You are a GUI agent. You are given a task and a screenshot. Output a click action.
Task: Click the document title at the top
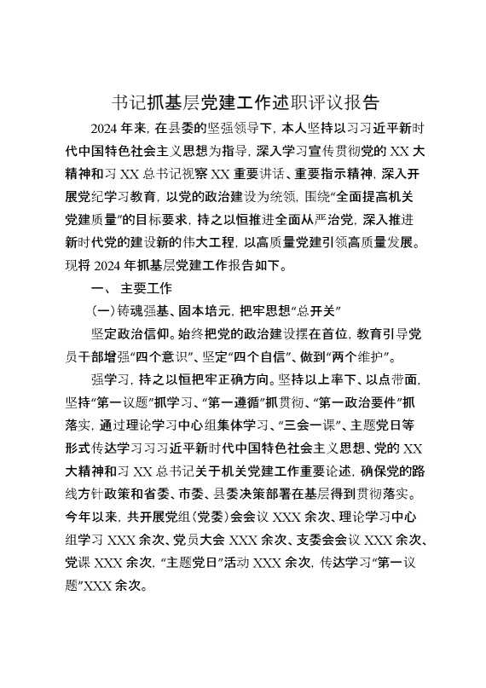[246, 104]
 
